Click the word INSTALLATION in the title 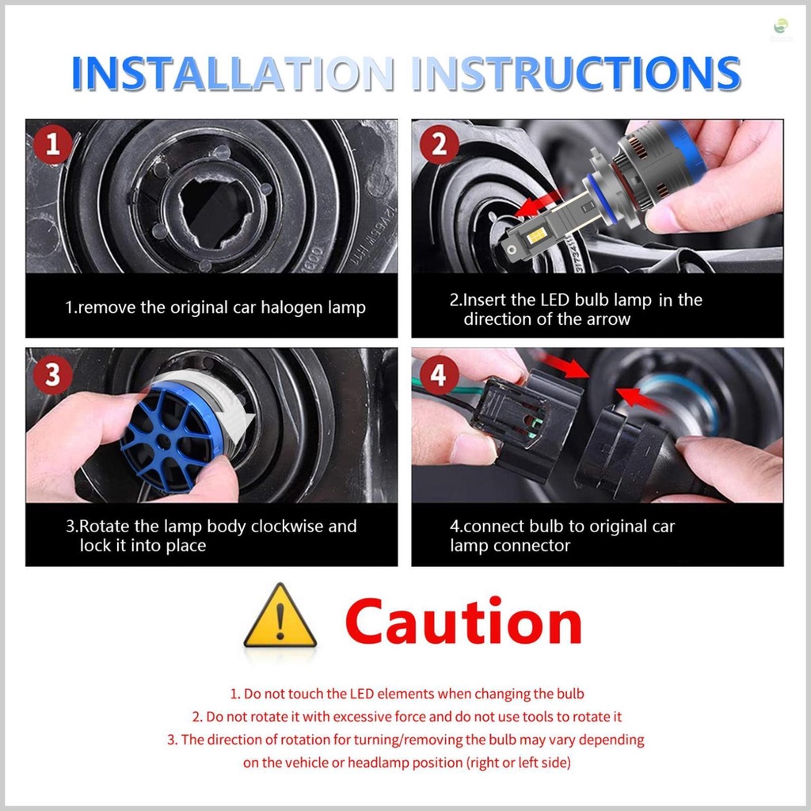point(233,74)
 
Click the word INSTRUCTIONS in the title point(576,74)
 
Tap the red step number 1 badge point(53,145)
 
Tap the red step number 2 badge point(439,145)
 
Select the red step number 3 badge point(53,375)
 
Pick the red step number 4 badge point(439,375)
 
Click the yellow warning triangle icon point(280,619)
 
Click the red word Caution point(463,623)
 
